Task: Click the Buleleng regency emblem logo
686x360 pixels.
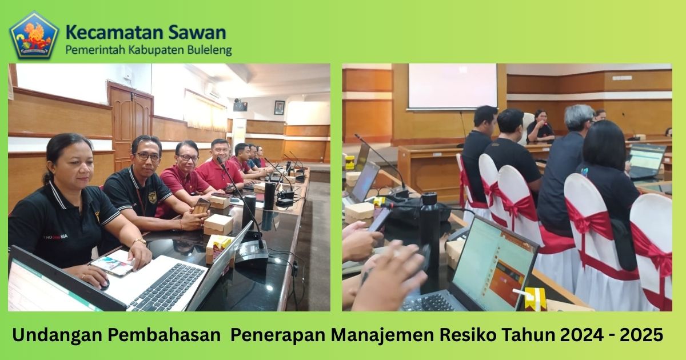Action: tap(34, 35)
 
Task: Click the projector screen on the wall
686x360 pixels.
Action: tap(453, 86)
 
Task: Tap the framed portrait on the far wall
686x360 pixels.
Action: tap(279, 107)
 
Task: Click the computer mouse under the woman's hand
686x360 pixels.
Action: tap(103, 285)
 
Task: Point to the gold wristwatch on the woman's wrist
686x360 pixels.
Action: tap(139, 242)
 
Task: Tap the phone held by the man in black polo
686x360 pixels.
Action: tap(201, 206)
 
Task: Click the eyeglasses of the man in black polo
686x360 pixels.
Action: tap(147, 157)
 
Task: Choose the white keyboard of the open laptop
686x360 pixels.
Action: tap(167, 286)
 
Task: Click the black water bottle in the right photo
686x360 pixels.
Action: tap(430, 242)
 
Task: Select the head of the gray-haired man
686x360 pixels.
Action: tap(579, 118)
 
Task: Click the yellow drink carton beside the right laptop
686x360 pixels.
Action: tap(535, 299)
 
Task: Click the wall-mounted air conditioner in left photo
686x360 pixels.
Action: tap(212, 91)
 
